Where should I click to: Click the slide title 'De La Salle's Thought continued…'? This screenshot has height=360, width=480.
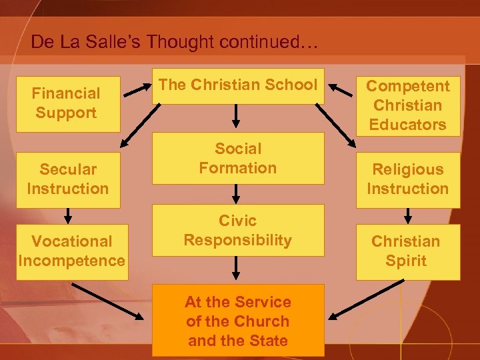[175, 42]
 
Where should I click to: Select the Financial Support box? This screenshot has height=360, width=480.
[67, 103]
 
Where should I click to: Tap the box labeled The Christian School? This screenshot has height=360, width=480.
[238, 85]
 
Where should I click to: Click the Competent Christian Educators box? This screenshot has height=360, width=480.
[407, 105]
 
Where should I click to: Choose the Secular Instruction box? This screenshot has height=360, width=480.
[67, 179]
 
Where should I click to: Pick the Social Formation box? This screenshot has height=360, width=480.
[238, 159]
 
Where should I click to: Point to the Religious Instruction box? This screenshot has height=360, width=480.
[407, 179]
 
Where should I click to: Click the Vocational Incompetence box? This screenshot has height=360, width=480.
[72, 251]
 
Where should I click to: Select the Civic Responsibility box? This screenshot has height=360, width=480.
[238, 231]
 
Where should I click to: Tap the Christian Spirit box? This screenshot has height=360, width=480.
[406, 251]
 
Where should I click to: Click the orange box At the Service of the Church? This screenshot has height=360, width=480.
[238, 321]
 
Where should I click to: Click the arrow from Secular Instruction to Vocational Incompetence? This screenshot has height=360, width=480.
[68, 215]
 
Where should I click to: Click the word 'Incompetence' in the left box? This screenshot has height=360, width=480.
[72, 260]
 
